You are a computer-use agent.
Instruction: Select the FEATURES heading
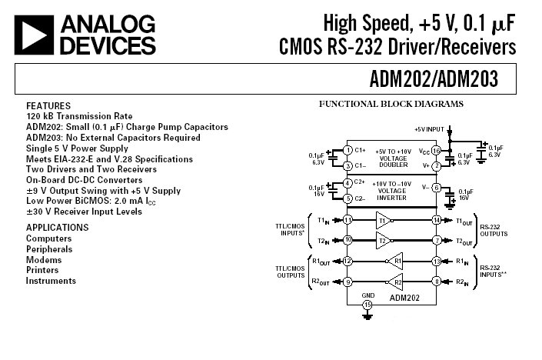coord(48,105)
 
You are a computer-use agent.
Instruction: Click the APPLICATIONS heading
coord(58,228)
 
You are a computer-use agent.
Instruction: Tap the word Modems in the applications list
coord(44,260)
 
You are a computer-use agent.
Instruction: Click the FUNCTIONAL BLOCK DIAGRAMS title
coord(391,104)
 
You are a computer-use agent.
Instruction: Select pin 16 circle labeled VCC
coord(436,150)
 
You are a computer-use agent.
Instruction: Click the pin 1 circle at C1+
coord(347,150)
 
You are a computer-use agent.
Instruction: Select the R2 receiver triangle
coord(396,282)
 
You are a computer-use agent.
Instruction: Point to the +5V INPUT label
coord(430,128)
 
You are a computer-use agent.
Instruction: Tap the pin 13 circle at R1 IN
coord(436,262)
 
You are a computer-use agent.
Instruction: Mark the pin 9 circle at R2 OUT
coord(347,282)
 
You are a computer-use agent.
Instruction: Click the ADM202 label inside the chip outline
coord(404,296)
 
